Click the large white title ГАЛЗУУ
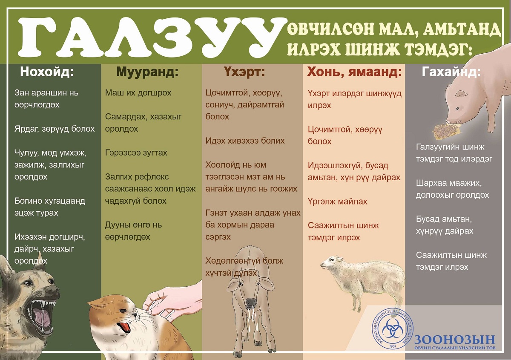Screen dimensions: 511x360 [x=151, y=37]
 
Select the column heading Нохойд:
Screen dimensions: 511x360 [x=47, y=72]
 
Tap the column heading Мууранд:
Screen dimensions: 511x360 [x=147, y=72]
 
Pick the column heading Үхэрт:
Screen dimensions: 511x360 [x=244, y=72]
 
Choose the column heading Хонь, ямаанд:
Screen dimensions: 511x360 [x=354, y=72]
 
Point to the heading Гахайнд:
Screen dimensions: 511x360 [x=451, y=72]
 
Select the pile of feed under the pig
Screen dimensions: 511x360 [x=445, y=132]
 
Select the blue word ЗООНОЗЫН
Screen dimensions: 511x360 [x=454, y=340]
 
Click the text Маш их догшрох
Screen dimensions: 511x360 [x=138, y=93]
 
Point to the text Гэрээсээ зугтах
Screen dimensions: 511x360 [x=136, y=153]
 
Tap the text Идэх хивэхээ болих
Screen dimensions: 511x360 [x=245, y=141]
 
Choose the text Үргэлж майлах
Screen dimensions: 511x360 [x=337, y=202]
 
